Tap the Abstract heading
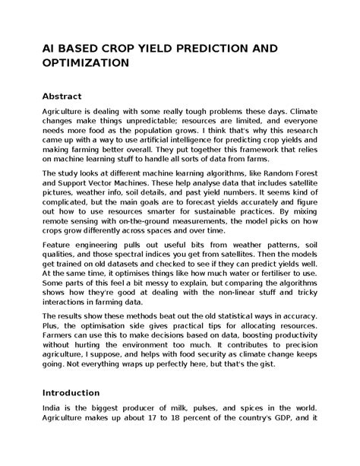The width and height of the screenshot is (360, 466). coord(65,97)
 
